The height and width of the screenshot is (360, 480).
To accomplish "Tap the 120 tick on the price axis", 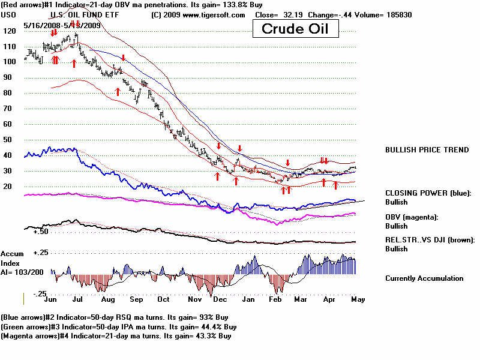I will [x=8, y=30].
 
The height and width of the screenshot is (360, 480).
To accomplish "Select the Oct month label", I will [x=163, y=298].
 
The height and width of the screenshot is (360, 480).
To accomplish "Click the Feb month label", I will [x=276, y=298].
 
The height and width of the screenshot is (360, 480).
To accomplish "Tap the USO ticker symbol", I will [x=8, y=14].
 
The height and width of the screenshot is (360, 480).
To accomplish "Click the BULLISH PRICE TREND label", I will [x=427, y=149].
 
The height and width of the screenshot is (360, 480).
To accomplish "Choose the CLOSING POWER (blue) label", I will [x=428, y=193].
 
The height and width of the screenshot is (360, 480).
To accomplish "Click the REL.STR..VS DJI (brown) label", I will [x=430, y=239].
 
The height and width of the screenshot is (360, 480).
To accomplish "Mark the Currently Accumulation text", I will [x=424, y=278].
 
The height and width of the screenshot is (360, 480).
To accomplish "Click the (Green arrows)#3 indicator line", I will [x=119, y=327].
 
